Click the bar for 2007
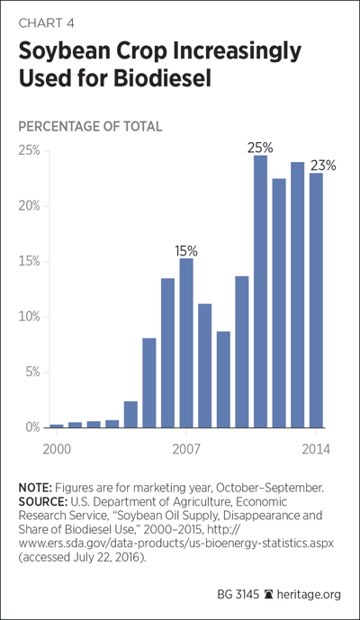[186, 343]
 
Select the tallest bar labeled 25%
[260, 292]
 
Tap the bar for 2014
[316, 301]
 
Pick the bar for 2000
[57, 426]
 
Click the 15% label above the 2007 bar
[186, 251]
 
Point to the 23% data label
[323, 166]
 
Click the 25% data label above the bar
[260, 148]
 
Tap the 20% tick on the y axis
[30, 206]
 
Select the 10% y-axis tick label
[30, 317]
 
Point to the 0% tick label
[32, 427]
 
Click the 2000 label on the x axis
[57, 450]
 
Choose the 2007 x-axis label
[186, 450]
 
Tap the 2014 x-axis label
[316, 450]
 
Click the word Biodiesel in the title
[162, 78]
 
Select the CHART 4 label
[46, 23]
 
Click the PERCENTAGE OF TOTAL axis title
[90, 127]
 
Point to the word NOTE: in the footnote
[36, 488]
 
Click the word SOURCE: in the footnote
[43, 502]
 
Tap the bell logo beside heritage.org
[268, 594]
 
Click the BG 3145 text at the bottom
[238, 594]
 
